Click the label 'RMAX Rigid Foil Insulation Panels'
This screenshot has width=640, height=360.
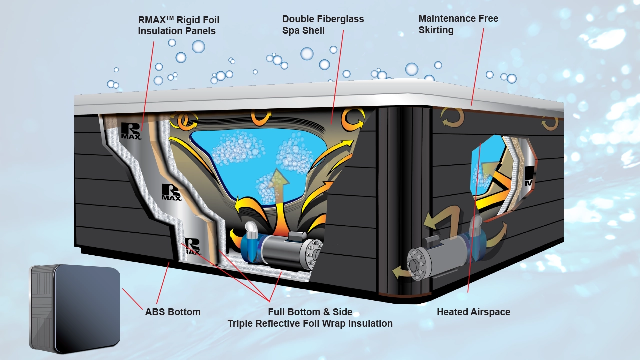coord(178,25)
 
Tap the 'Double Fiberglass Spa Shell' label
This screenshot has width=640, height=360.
coord(323,25)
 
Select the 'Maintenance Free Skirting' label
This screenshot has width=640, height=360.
coord(458,24)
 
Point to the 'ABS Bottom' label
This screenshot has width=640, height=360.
coord(173,312)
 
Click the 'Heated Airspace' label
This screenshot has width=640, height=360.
coord(473,312)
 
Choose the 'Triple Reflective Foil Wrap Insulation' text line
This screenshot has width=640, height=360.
coord(310,324)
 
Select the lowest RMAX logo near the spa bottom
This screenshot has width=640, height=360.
coord(193,245)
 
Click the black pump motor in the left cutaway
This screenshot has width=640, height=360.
coord(280,252)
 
